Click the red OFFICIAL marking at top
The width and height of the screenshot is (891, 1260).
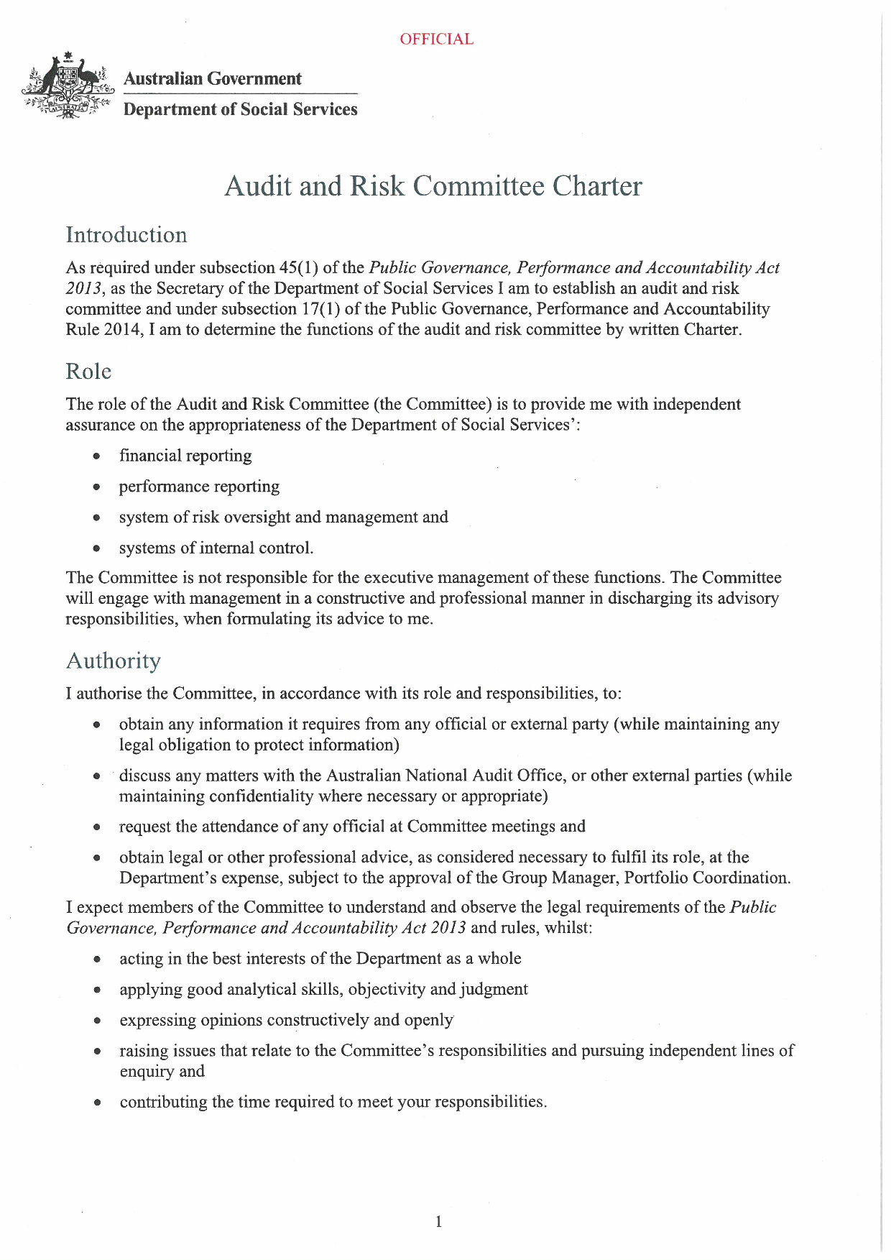point(436,39)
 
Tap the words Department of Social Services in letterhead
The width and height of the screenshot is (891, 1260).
point(240,109)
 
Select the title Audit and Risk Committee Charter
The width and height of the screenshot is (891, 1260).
point(433,185)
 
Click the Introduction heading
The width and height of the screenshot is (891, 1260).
point(126,235)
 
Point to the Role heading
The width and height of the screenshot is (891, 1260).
point(88,372)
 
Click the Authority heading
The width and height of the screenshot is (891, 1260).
point(114,661)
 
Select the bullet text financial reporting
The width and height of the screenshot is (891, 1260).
point(185,456)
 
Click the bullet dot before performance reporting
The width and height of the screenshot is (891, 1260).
point(96,487)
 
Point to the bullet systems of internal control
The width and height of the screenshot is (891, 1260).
point(216,548)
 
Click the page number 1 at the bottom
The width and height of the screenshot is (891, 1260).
point(438,1221)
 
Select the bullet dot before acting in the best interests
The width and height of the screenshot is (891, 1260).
point(96,960)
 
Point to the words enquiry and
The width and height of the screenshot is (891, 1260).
point(162,1071)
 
